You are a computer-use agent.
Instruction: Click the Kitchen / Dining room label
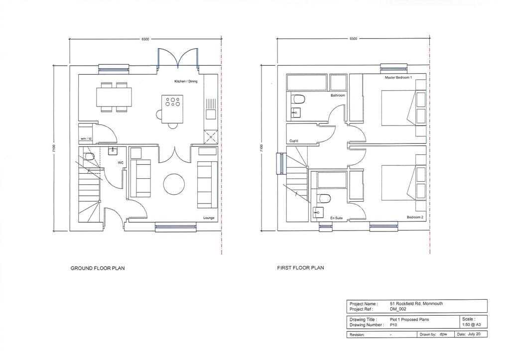185,81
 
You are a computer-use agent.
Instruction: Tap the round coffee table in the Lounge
174,184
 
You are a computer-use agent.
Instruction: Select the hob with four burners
172,102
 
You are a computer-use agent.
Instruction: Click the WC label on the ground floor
121,162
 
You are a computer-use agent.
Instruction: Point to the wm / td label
86,138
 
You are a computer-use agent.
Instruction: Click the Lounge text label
209,218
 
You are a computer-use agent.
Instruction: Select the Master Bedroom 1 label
398,78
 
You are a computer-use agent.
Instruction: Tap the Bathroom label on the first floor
338,95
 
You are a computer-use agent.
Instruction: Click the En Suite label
336,218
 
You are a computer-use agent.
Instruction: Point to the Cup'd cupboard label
294,141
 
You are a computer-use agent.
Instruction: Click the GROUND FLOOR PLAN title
98,268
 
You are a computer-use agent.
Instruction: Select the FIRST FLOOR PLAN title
300,268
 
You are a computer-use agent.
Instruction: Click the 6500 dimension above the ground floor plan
145,38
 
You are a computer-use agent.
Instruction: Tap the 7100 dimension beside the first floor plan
261,148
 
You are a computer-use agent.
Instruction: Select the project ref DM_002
398,309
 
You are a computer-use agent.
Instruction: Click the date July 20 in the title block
475,335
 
